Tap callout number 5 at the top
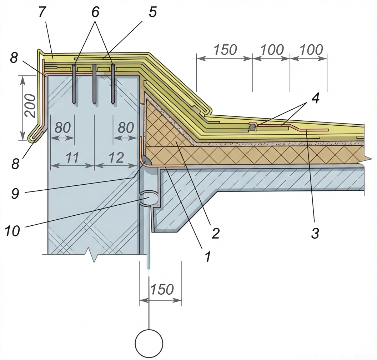(152, 12)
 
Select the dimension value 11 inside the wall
(72, 157)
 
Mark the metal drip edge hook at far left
(34, 136)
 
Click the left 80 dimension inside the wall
(62, 128)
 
